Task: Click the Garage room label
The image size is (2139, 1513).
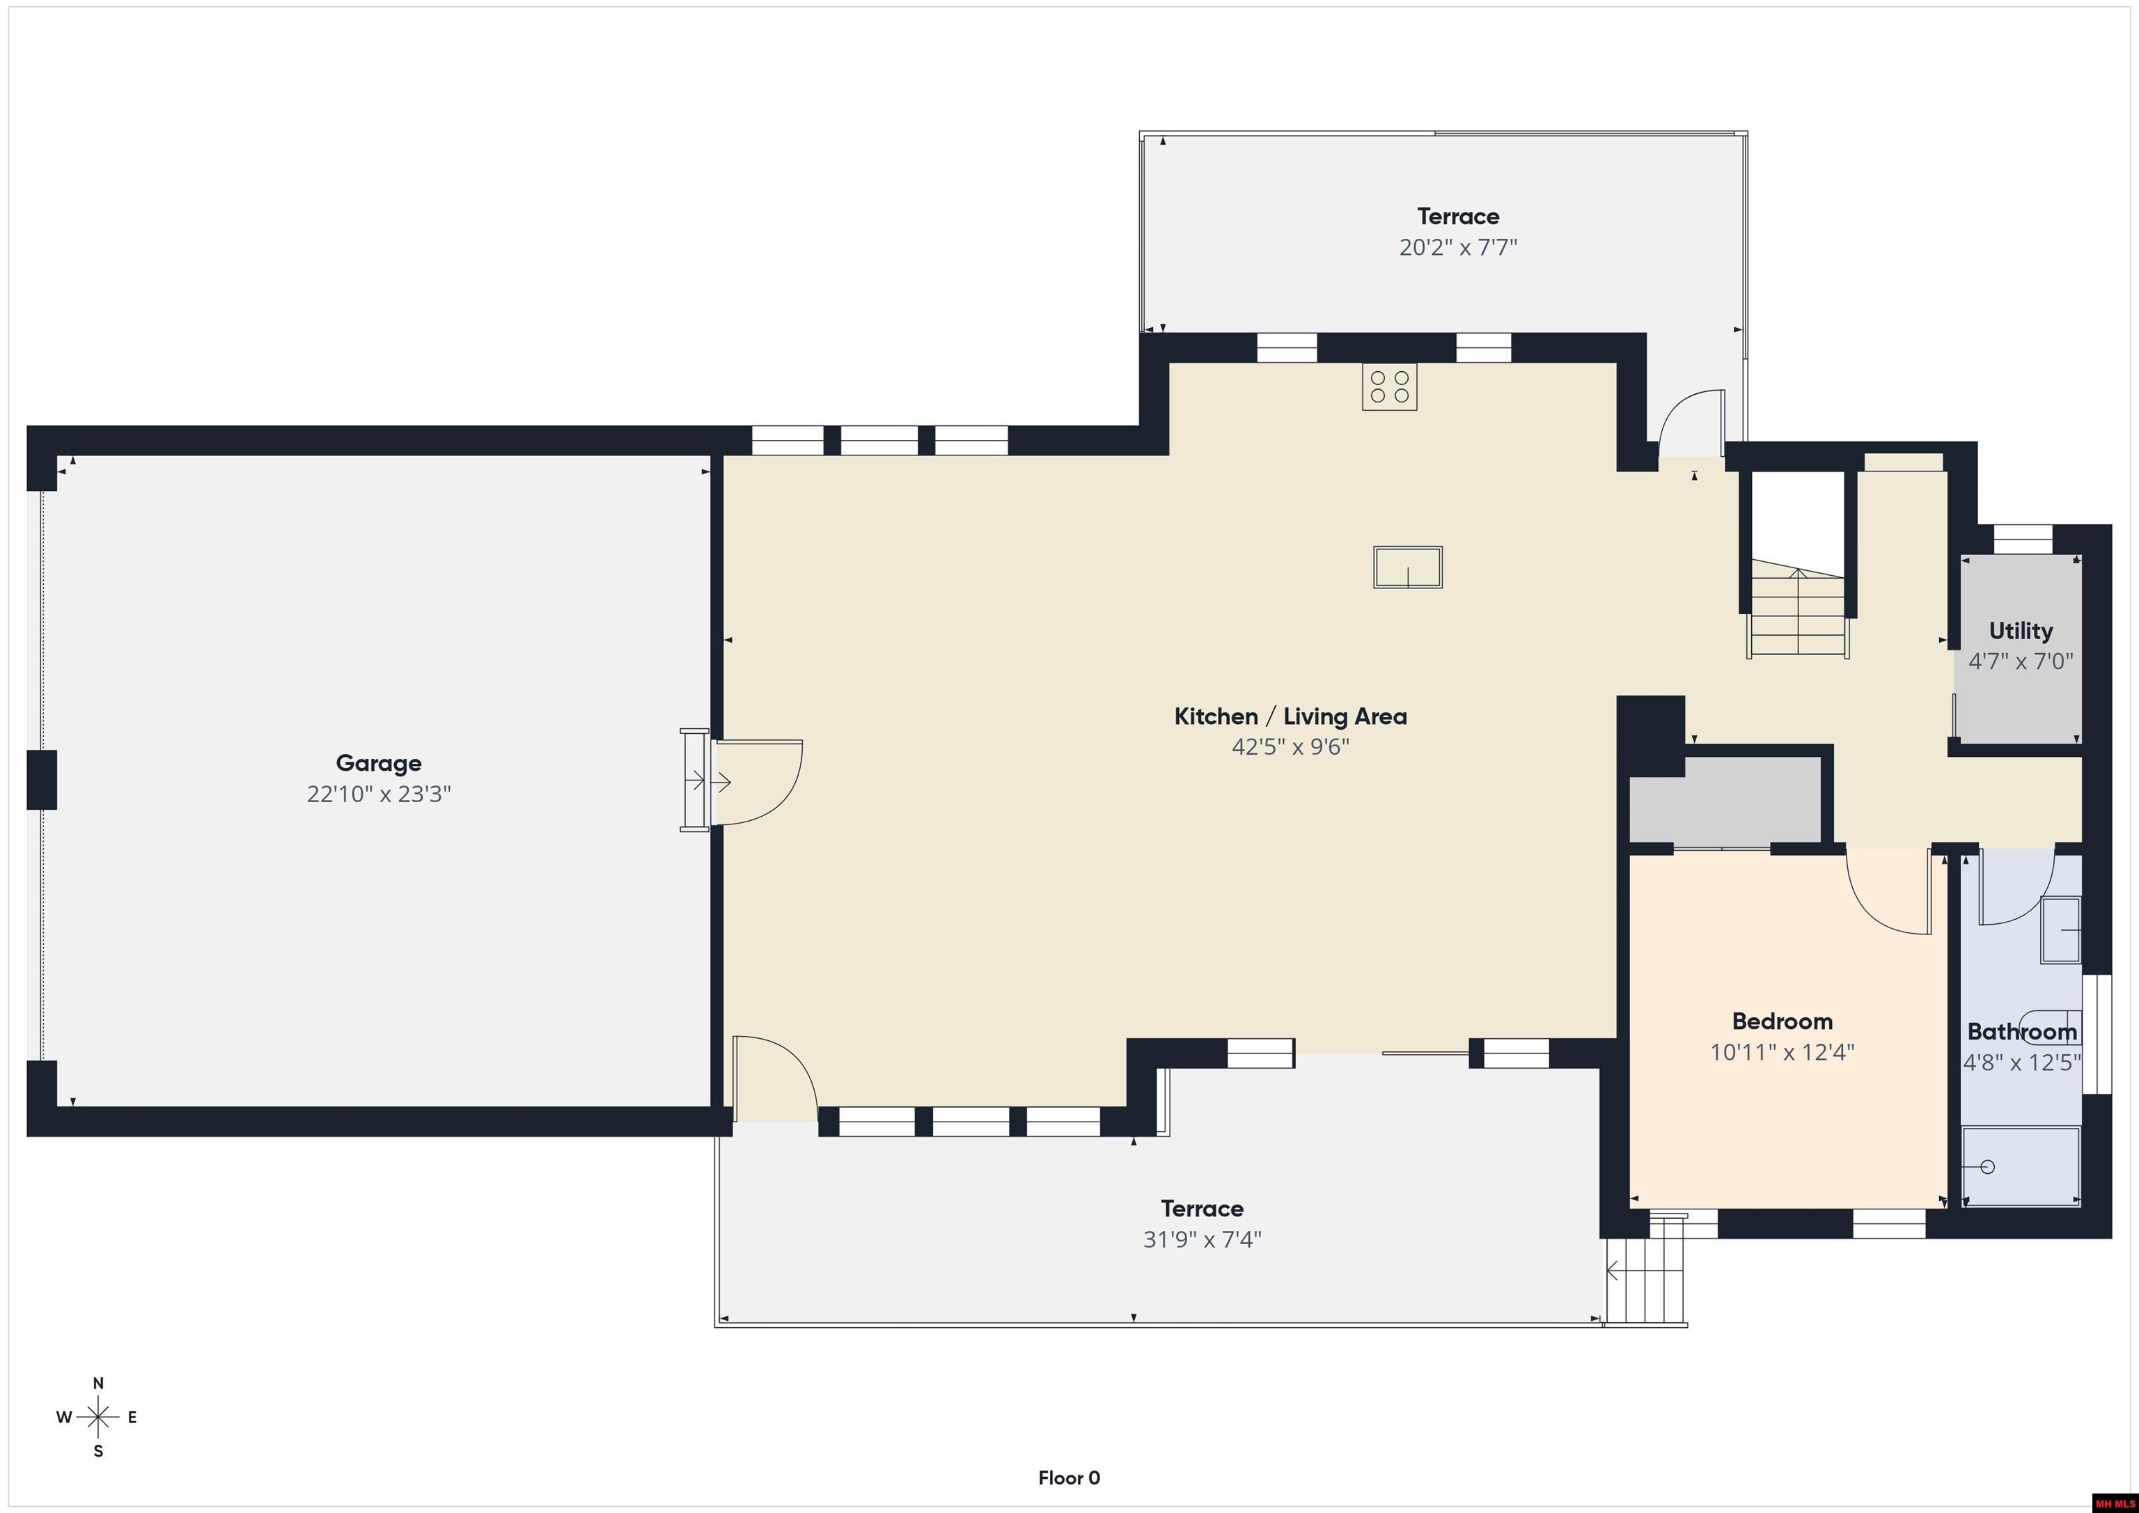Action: click(x=378, y=763)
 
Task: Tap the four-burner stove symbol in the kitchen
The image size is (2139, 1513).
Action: click(x=1389, y=386)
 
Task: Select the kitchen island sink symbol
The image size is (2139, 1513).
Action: click(x=1408, y=567)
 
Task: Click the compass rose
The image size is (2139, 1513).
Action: click(x=97, y=1417)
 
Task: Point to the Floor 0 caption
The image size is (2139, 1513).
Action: click(x=1069, y=1477)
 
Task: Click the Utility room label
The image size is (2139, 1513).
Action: click(x=2021, y=631)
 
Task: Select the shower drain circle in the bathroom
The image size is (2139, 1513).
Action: click(x=1987, y=1166)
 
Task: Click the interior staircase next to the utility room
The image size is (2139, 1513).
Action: click(x=1797, y=610)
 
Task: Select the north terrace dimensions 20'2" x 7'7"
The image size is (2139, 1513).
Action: click(x=1458, y=247)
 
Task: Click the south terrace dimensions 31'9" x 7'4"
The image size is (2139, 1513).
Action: click(x=1202, y=1239)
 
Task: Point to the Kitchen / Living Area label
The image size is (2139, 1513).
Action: click(x=1290, y=716)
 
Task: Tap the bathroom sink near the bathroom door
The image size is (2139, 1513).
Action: click(x=2061, y=930)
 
